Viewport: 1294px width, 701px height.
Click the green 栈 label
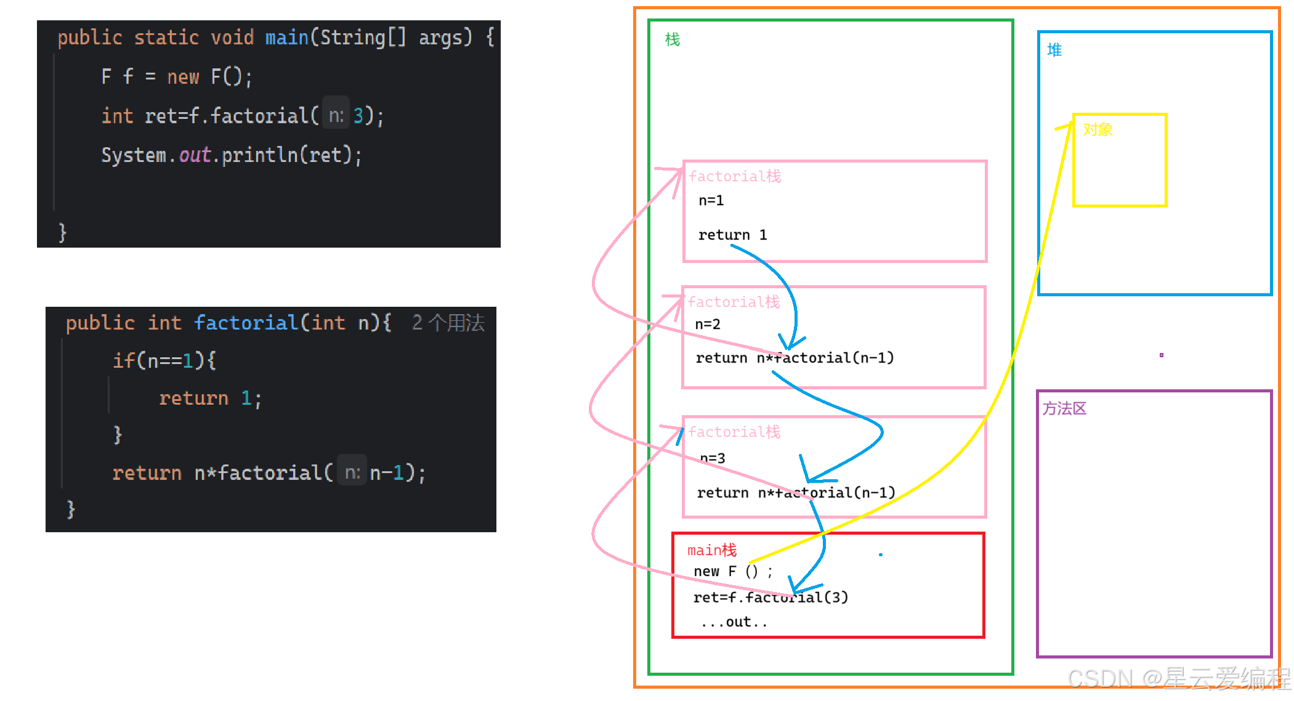click(x=672, y=40)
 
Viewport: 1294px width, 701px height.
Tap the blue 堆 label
click(x=1054, y=50)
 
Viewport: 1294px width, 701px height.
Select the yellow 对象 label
click(x=1098, y=129)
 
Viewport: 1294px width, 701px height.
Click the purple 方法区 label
click(x=1064, y=408)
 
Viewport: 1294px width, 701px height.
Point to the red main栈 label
click(x=711, y=550)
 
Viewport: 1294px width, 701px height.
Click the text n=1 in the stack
click(x=711, y=201)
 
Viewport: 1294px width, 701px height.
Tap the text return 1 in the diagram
click(x=732, y=235)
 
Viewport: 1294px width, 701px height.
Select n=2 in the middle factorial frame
click(x=707, y=325)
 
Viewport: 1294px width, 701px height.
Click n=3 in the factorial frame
click(x=713, y=458)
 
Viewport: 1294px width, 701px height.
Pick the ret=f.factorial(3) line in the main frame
click(x=770, y=598)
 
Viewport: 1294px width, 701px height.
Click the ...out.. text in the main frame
click(x=734, y=622)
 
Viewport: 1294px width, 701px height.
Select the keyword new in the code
click(x=183, y=77)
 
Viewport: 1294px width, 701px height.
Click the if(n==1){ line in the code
click(x=164, y=360)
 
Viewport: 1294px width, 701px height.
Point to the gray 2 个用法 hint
click(x=448, y=323)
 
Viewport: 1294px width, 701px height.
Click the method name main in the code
click(x=286, y=38)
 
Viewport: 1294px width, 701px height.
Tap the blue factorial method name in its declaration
click(x=246, y=323)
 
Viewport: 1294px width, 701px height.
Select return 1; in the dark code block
click(x=210, y=399)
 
